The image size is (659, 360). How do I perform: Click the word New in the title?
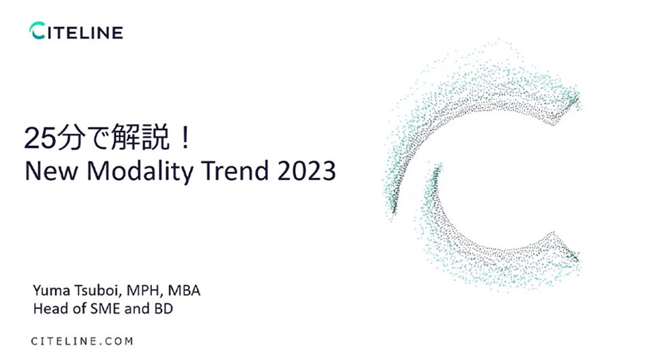coord(51,170)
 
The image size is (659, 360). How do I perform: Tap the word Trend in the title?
coord(235,170)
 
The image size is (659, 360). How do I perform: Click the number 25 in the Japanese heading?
coord(40,138)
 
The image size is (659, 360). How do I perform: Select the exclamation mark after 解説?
coord(185,138)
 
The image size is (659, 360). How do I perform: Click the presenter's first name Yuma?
coord(51,290)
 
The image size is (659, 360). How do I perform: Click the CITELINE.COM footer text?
coord(82,341)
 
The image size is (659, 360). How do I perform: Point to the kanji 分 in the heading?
coord(70,138)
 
